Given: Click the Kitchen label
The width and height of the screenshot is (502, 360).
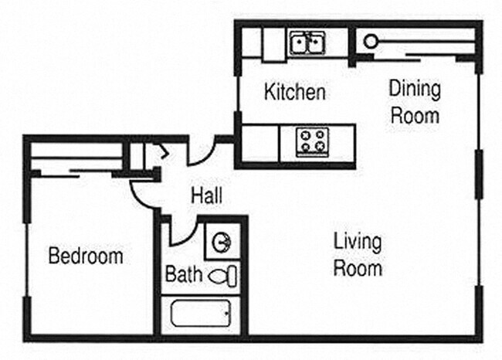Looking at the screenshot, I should pos(294,93).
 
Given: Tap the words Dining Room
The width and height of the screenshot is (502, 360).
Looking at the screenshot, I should pos(415,103).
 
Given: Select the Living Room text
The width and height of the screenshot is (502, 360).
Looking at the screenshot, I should pos(358,254).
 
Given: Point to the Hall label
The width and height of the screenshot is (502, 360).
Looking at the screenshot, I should pos(206,196).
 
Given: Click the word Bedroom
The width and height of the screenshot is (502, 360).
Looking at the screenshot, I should pos(85,256).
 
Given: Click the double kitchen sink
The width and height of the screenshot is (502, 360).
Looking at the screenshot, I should pos(308,43).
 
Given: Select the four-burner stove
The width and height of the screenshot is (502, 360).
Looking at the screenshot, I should pos(313,142).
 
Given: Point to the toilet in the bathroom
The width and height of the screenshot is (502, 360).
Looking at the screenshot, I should pos(224,275).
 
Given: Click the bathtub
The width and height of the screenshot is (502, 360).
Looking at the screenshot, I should pos(198,314).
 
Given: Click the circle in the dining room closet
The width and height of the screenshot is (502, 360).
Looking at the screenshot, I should pos(371,42).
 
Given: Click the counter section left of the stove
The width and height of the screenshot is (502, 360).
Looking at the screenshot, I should pos(259,143).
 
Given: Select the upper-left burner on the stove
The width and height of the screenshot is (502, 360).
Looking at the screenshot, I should pos(306,135).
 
